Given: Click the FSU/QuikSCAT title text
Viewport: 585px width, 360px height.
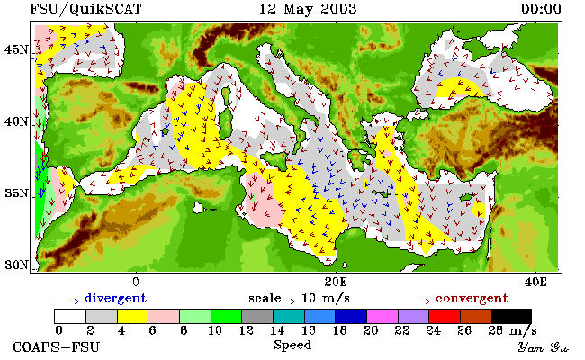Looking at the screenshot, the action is click(x=85, y=9).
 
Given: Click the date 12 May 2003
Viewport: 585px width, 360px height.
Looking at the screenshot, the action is click(x=308, y=9).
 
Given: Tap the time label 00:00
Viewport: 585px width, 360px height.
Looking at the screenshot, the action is click(x=541, y=9).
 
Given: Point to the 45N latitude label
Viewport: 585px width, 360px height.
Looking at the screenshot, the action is click(x=16, y=49).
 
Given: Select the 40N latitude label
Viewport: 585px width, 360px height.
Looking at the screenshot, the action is click(x=16, y=121).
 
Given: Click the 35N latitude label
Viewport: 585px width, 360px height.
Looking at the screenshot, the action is click(x=16, y=193).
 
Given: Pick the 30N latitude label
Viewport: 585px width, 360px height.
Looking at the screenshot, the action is click(x=16, y=265).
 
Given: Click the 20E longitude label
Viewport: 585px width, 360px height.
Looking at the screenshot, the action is click(x=336, y=282).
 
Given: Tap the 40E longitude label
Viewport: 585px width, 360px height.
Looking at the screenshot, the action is click(x=535, y=282).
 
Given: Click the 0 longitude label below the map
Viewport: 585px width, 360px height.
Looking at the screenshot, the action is click(x=136, y=282).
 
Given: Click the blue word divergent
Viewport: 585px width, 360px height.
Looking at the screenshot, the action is click(x=116, y=299).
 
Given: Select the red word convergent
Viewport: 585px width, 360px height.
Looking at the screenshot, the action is click(x=472, y=299).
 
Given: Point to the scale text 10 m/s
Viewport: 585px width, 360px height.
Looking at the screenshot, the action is click(x=325, y=299).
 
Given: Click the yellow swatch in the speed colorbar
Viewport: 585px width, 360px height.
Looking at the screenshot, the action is click(x=133, y=316).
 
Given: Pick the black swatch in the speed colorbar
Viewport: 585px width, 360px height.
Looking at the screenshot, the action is click(x=511, y=316).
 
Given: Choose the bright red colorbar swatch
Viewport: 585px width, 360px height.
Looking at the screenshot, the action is click(x=445, y=316).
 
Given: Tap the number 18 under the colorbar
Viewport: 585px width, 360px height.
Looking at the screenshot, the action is click(x=339, y=330).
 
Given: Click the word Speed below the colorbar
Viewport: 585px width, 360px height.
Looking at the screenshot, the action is click(x=292, y=345).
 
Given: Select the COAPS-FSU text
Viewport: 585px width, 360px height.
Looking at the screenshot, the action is click(x=57, y=346).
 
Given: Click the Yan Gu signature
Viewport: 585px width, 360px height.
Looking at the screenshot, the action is click(x=544, y=347).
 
